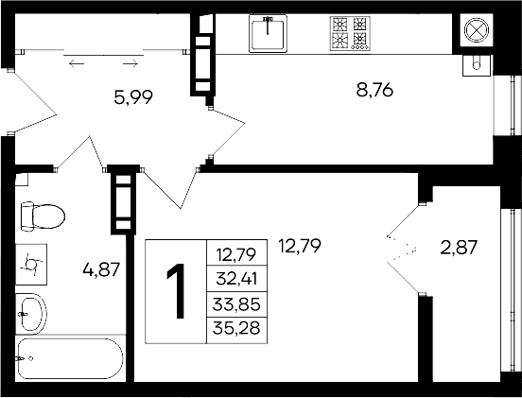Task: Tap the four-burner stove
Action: (x=348, y=34)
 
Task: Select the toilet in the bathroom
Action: (x=40, y=216)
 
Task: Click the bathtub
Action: (x=69, y=361)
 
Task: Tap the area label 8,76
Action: (x=374, y=91)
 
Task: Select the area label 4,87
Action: (x=101, y=269)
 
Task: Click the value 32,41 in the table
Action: (x=239, y=279)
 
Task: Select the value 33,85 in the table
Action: (x=239, y=303)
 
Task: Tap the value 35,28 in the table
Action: (x=239, y=328)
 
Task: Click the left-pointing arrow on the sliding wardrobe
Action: (x=77, y=63)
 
